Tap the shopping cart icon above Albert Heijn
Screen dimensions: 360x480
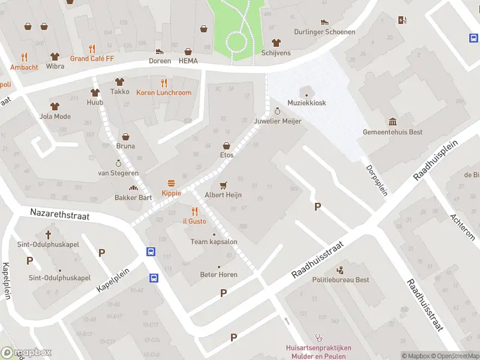224,185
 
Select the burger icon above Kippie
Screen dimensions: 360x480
172,183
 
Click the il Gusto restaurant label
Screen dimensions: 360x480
194,221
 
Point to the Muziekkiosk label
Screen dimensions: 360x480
307,103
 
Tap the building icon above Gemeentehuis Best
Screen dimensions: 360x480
392,122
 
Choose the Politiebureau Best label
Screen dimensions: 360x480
340,280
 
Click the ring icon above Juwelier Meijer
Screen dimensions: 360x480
277,111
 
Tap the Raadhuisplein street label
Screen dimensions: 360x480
436,160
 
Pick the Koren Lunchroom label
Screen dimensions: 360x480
164,92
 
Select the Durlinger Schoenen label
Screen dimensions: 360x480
325,32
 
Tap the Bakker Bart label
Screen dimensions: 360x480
133,197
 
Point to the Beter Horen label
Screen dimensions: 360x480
218,275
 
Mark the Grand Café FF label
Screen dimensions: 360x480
91,58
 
